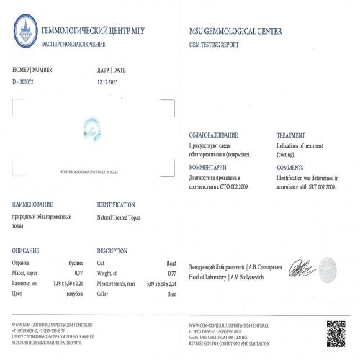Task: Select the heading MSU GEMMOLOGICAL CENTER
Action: (x=235, y=32)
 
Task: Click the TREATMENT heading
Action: (x=292, y=135)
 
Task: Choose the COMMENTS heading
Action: (x=291, y=167)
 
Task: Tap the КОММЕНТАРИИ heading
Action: (x=208, y=167)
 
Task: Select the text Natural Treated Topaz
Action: (x=124, y=215)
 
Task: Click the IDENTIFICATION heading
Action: (x=120, y=204)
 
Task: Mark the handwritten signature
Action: (x=297, y=271)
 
